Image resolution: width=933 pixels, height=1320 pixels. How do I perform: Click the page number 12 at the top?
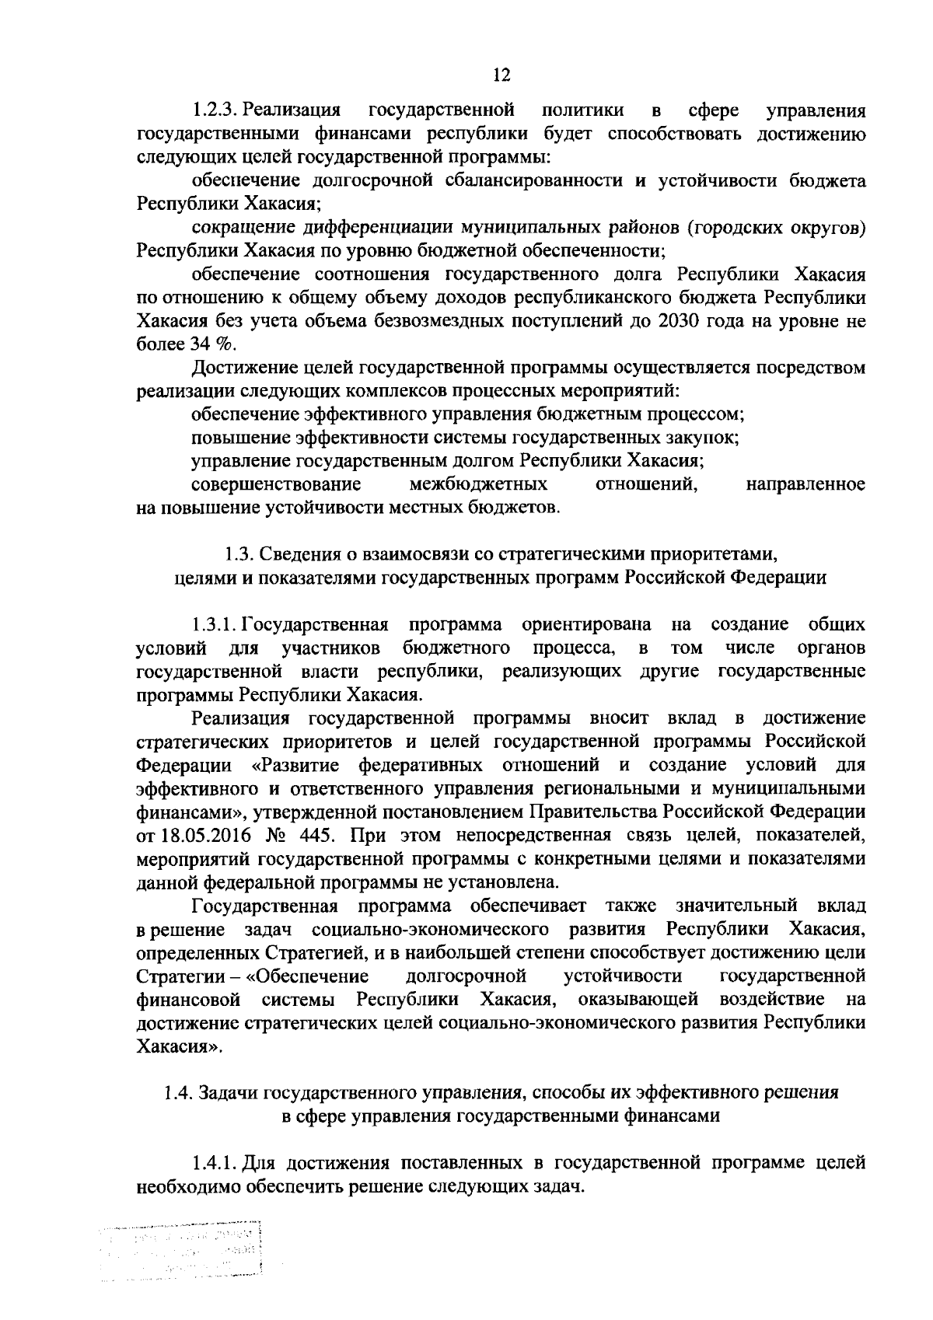pyautogui.click(x=501, y=75)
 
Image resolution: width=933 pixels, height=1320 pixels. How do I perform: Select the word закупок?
pyautogui.click(x=699, y=437)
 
